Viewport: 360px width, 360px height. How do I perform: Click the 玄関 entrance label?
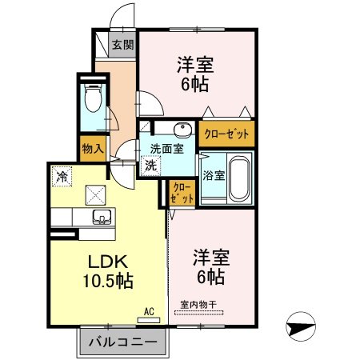pos(122,45)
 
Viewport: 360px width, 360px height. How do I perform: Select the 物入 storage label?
pos(92,147)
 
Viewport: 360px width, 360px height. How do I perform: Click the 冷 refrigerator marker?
pos(61,173)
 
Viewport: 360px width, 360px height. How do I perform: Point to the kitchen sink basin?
pos(102,216)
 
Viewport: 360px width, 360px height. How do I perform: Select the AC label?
pos(148,311)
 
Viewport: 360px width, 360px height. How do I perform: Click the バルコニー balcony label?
pos(123,342)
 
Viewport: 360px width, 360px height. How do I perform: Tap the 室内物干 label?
pos(197,305)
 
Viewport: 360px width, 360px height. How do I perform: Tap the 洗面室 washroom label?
pos(167,148)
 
